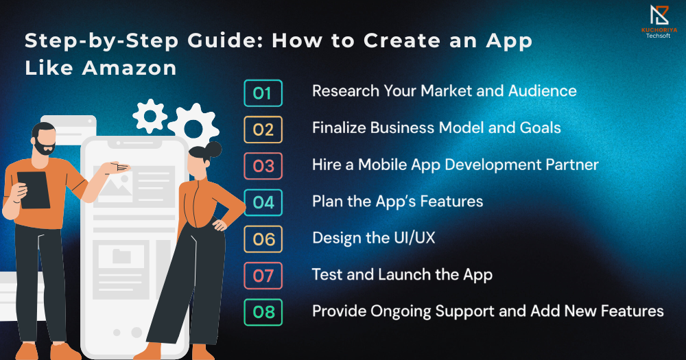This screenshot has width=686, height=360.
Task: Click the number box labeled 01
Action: (x=263, y=93)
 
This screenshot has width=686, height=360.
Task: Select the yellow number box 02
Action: (x=263, y=130)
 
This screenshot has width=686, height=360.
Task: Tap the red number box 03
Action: (x=263, y=166)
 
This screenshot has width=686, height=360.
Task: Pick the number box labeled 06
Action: (x=263, y=239)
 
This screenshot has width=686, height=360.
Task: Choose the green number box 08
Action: (x=263, y=312)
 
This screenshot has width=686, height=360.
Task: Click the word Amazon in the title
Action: (x=129, y=68)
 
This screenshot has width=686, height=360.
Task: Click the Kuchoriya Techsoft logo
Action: (x=659, y=21)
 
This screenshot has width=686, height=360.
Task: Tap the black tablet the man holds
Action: (x=34, y=190)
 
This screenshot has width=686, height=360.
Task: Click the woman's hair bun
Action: (x=213, y=149)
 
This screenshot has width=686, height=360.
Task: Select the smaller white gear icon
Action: (x=150, y=116)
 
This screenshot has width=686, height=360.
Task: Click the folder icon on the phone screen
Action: (x=121, y=256)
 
